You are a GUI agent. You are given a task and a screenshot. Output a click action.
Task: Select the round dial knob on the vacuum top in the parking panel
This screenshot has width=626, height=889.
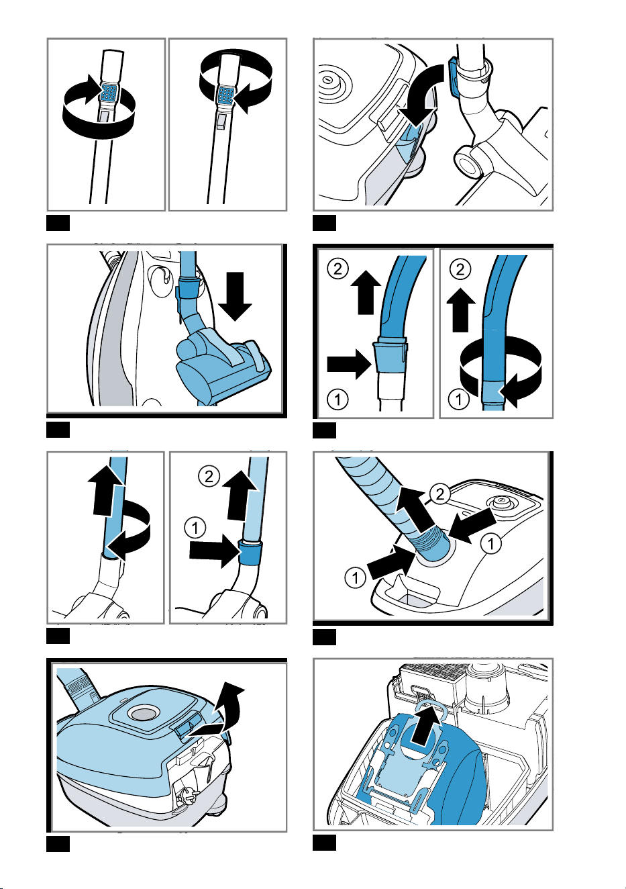coord(327,81)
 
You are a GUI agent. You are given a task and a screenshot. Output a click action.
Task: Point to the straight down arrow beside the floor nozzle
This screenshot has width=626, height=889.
coord(236,296)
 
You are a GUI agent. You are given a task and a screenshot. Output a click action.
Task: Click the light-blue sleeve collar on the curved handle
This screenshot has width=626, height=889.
coord(390,356)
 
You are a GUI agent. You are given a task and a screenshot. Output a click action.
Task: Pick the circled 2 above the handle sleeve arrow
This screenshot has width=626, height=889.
coord(337,269)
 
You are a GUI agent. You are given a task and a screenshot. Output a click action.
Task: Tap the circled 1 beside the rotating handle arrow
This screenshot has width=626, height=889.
coord(458,400)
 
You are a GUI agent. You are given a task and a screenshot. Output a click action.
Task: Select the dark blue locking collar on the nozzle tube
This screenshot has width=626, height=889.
coord(250,553)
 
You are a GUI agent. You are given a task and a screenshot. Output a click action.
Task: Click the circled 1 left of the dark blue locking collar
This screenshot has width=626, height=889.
coord(195,528)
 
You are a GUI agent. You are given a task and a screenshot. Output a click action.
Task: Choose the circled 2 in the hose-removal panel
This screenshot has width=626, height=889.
coord(440,494)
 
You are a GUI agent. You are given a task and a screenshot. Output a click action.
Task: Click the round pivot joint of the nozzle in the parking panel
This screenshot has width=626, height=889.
coord(468,161)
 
